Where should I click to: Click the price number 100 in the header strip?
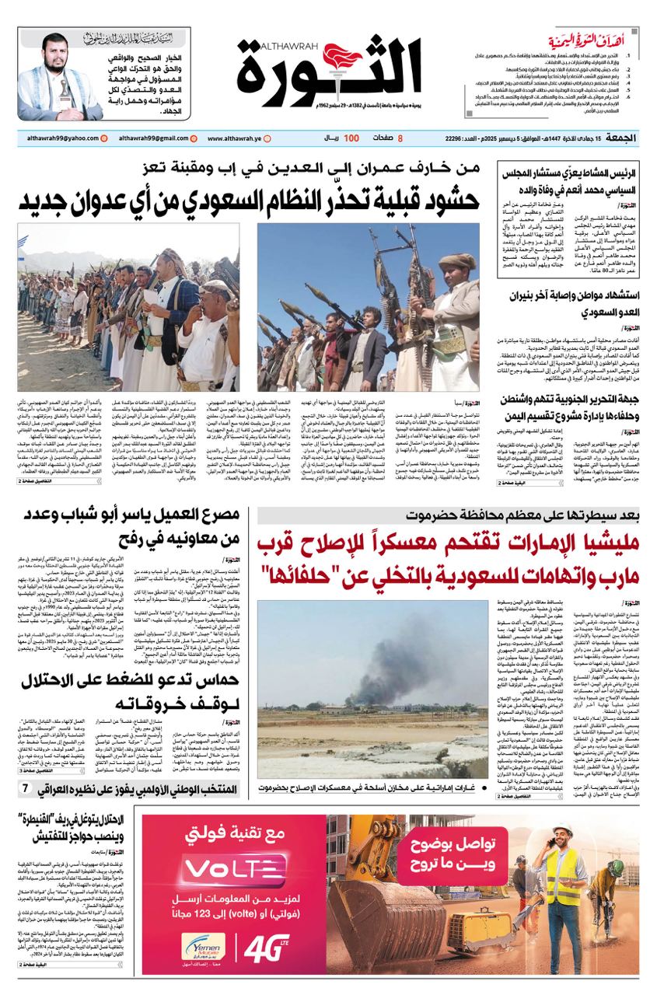tap(351, 138)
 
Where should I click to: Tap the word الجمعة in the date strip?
tap(624, 138)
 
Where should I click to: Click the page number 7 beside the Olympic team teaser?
tap(26, 789)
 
